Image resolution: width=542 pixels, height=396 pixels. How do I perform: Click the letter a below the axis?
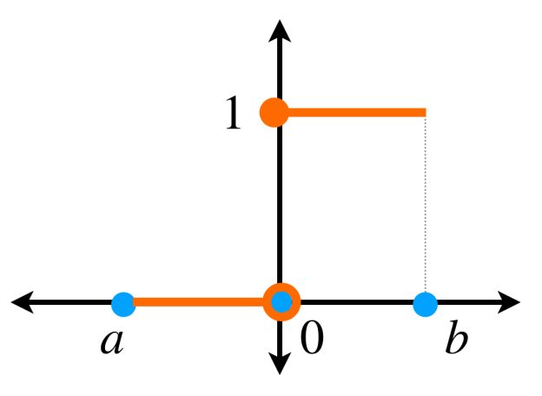[x=112, y=342]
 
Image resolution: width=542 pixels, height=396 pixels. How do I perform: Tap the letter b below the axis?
[x=456, y=337]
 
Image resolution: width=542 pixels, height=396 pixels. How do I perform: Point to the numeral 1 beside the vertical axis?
[x=233, y=112]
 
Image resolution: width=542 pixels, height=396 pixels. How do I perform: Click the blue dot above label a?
[x=123, y=304]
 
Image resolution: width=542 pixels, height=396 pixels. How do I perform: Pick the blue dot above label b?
[x=426, y=304]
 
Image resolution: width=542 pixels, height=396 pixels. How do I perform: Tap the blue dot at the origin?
[x=281, y=302]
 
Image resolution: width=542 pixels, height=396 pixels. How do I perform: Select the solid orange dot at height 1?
[x=274, y=112]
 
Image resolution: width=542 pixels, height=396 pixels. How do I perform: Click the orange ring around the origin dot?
[x=281, y=302]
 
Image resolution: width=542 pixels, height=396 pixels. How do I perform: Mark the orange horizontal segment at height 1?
[x=357, y=112]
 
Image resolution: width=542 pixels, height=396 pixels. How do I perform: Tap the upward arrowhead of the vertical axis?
[x=280, y=30]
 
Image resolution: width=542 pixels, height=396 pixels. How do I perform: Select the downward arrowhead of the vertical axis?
[x=280, y=364]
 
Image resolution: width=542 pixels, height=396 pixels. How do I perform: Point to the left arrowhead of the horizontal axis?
[x=23, y=302]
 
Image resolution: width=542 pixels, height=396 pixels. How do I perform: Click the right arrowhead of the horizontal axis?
[x=509, y=302]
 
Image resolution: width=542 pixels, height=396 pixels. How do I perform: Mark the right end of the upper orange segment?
[x=426, y=112]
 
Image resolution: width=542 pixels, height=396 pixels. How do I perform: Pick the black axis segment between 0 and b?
[x=357, y=302]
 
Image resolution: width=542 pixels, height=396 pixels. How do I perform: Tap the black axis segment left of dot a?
[x=73, y=302]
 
